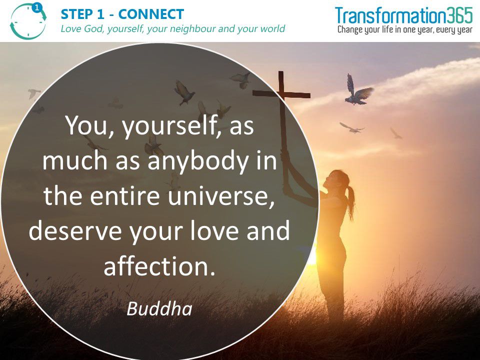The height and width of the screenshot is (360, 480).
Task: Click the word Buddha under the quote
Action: click(x=159, y=308)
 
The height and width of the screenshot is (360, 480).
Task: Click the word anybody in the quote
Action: click(x=198, y=162)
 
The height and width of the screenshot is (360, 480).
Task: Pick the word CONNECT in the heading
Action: click(x=151, y=14)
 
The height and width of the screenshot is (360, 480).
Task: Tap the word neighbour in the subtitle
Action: click(x=192, y=29)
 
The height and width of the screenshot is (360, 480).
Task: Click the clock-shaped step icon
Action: click(x=28, y=21)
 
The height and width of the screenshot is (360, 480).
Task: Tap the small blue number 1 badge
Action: click(x=37, y=8)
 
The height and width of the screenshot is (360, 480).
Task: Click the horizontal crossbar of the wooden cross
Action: click(x=281, y=93)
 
